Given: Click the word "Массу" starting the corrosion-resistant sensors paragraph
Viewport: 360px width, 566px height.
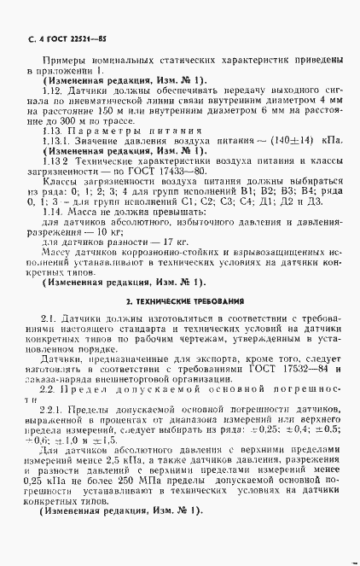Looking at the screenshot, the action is (x=58, y=253).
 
